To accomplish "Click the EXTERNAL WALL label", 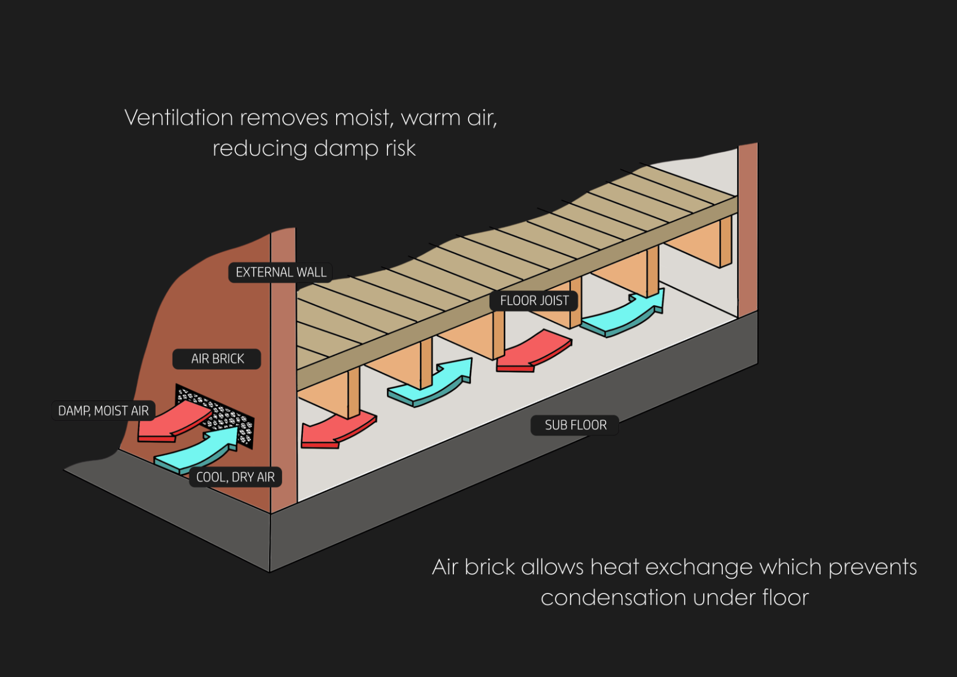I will point(280,272).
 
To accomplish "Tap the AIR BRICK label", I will point(217,359).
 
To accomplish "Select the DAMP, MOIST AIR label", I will point(103,411).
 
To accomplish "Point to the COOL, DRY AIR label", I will point(235,477).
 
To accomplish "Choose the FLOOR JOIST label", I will point(534,301).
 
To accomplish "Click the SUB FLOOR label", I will point(575,425).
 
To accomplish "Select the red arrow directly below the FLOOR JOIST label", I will point(530,353).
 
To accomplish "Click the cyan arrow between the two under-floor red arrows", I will point(434,384).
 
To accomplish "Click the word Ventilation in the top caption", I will point(179,118).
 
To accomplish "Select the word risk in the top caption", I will point(400,148).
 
